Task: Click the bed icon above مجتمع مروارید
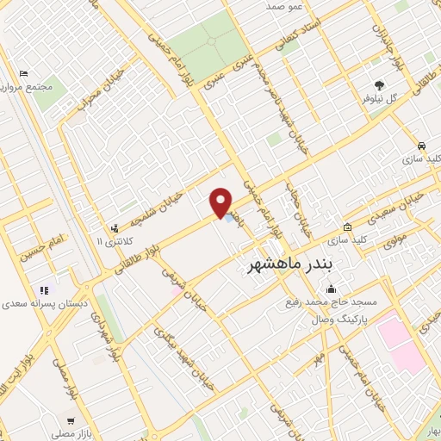pyautogui.click(x=24, y=73)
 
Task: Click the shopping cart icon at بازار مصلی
pyautogui.click(x=70, y=421)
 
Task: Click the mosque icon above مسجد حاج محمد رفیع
pyautogui.click(x=331, y=289)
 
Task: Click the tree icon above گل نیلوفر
pyautogui.click(x=379, y=84)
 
